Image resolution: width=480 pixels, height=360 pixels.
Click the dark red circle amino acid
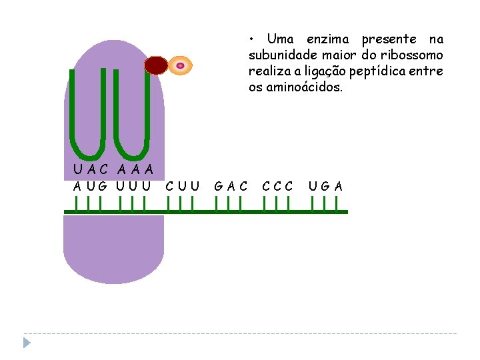(157, 65)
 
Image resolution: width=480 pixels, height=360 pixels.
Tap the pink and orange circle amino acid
(180, 65)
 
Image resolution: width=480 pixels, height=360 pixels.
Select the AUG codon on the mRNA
(89, 185)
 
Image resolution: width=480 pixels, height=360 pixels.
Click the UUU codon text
(133, 185)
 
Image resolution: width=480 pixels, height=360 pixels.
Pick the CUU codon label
(182, 185)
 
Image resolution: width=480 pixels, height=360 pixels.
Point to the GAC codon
(231, 185)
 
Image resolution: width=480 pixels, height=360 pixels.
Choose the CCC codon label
(277, 185)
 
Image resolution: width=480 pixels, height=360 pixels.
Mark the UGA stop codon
(326, 185)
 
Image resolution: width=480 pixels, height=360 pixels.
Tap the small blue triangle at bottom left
(27, 343)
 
